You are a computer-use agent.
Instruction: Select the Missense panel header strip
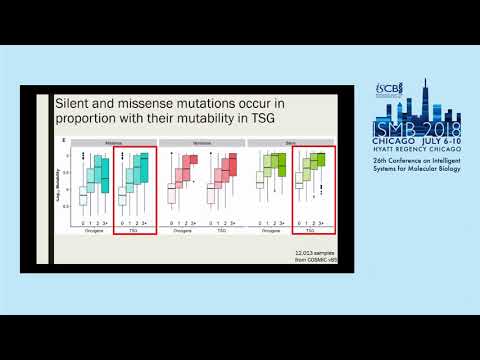(x=107, y=142)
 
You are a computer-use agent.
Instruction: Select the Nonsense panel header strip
(x=199, y=142)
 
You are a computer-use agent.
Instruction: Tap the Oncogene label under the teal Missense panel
(x=87, y=229)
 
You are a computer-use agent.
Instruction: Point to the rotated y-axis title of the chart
(x=65, y=183)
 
